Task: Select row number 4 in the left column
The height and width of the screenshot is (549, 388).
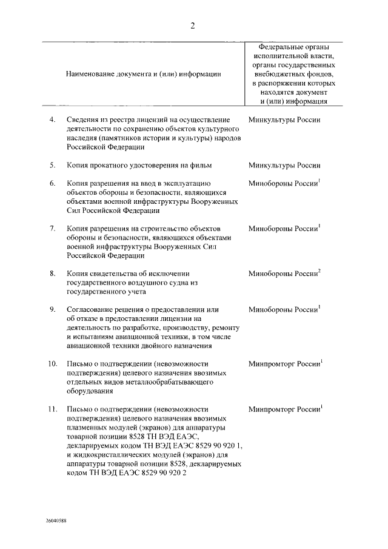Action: [x=53, y=120]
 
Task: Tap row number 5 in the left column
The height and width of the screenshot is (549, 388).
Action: [x=53, y=165]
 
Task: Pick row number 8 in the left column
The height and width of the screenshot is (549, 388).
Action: [x=53, y=274]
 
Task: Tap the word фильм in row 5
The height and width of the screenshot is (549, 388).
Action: [x=201, y=165]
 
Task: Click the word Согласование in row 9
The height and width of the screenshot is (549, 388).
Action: [x=90, y=310]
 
